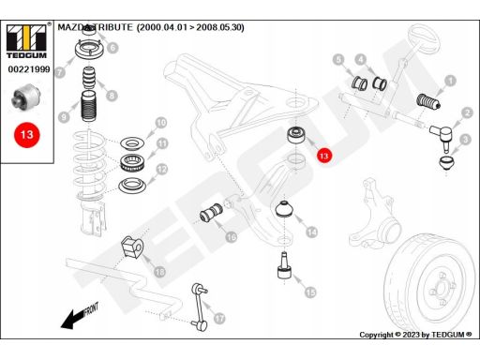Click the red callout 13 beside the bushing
tap(324, 156)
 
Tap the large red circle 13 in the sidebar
tap(26, 135)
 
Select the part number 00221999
tap(29, 69)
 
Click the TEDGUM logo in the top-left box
tap(26, 41)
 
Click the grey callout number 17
tap(219, 319)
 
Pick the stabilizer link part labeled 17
tap(200, 307)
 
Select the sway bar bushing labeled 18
tap(131, 247)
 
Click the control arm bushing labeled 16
tap(211, 214)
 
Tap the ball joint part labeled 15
tap(284, 265)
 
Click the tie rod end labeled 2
tap(442, 135)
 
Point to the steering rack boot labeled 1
tap(428, 102)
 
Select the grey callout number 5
tap(338, 59)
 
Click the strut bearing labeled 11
tap(132, 163)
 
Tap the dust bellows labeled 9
tap(88, 106)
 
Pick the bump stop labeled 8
tap(88, 78)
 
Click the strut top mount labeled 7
tap(88, 50)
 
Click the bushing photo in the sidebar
tap(26, 97)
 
